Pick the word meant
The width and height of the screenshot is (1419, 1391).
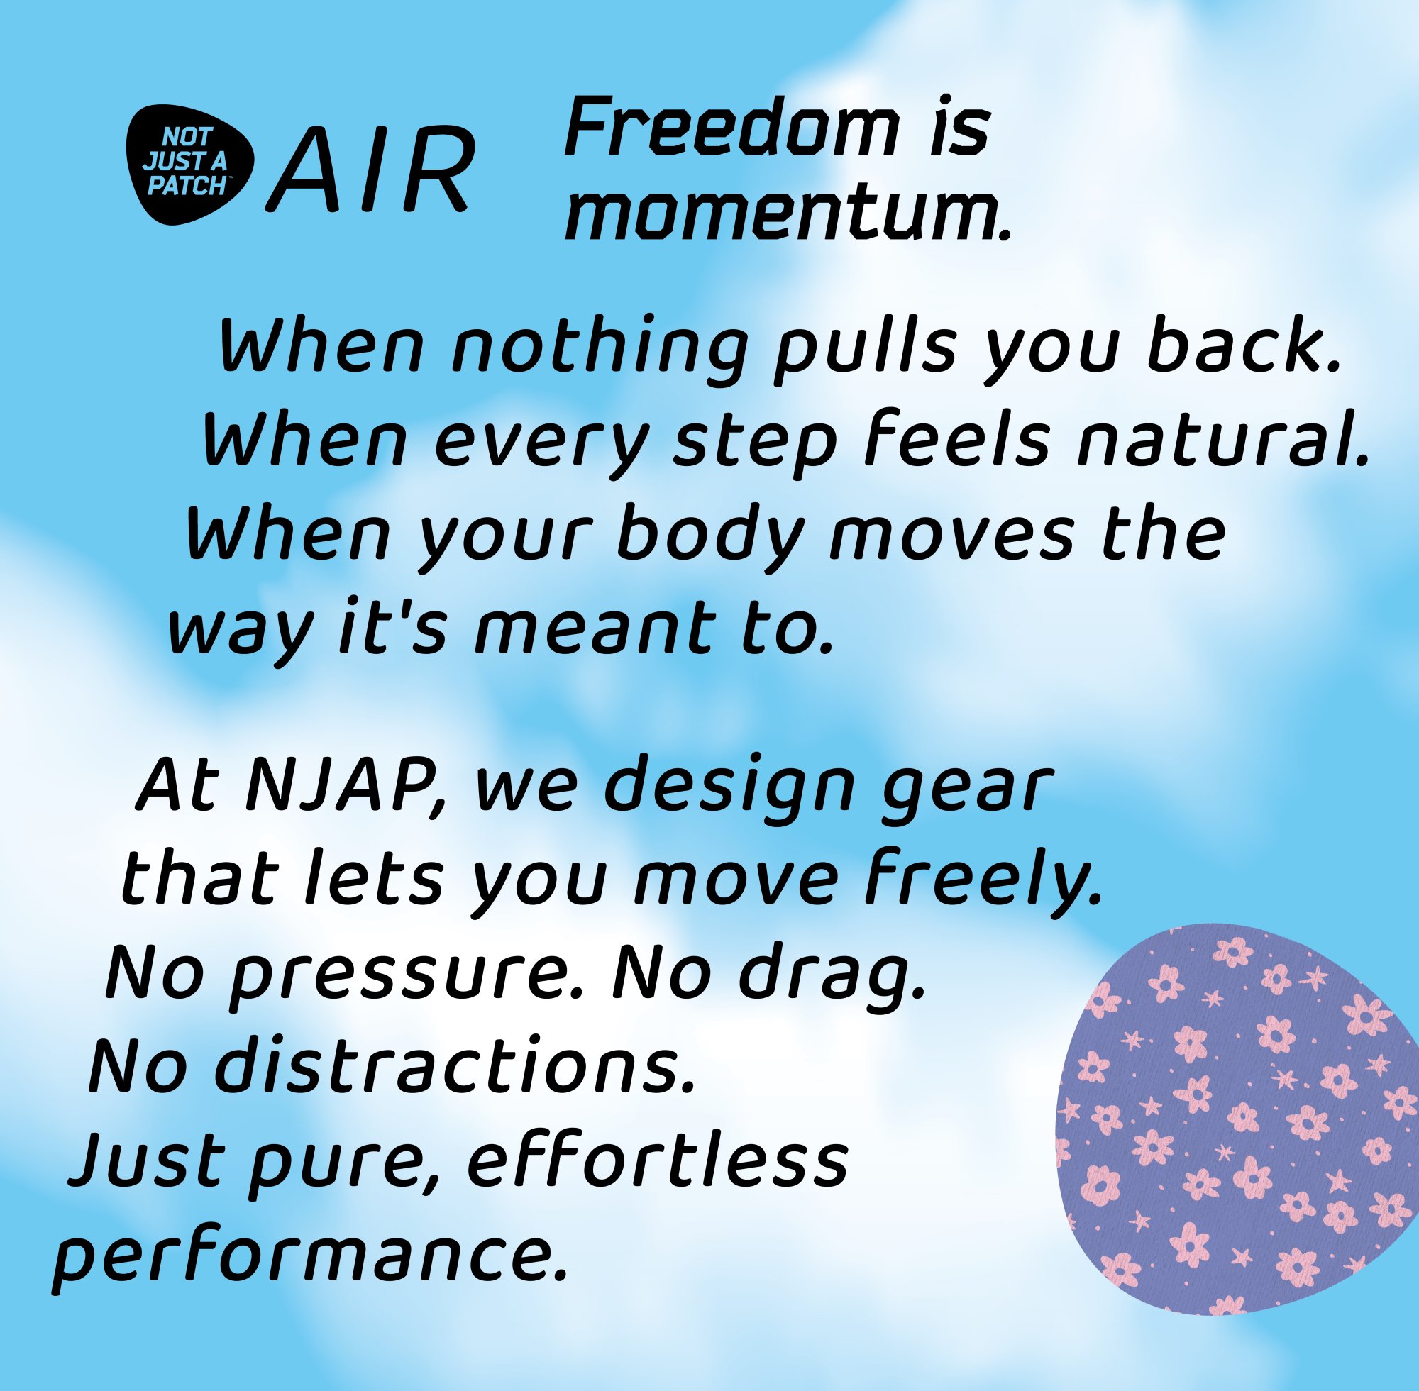pos(591,628)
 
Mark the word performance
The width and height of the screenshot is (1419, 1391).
pos(310,1255)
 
